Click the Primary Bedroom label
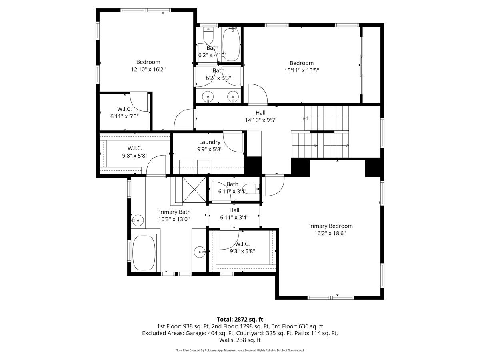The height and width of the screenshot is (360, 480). coord(330,226)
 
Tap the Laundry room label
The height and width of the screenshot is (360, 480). coord(210,142)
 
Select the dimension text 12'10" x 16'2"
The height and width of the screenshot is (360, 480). coord(148,69)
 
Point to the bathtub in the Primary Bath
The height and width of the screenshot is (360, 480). coord(144,252)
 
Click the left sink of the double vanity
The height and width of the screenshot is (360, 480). coord(208,96)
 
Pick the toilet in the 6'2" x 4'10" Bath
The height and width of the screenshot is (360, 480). coord(208,36)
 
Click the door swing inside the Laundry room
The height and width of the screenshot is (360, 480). coord(234,142)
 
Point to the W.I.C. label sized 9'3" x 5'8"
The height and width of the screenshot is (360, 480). coord(242,244)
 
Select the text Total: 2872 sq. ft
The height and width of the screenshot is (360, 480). coord(240,319)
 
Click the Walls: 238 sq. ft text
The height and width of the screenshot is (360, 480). coord(240,340)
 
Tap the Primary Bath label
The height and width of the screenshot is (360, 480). coord(174,212)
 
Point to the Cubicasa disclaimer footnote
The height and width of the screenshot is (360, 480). coord(240,350)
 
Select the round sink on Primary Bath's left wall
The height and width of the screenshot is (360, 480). coord(138,219)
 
